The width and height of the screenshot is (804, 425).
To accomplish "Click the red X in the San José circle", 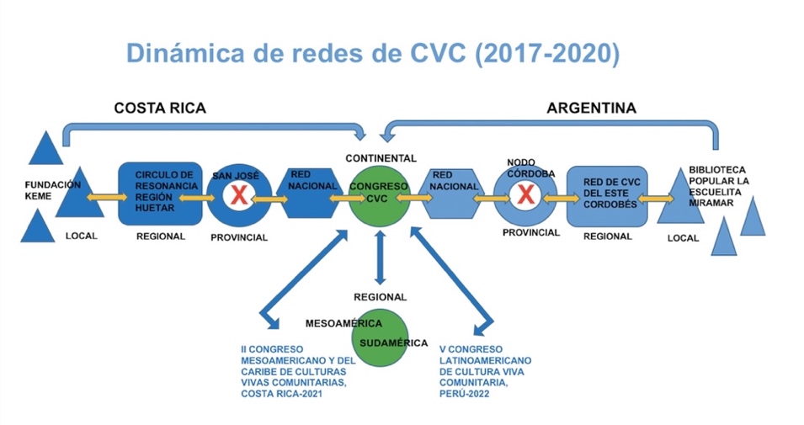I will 239,196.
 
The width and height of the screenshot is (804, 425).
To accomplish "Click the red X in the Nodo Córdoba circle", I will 527,197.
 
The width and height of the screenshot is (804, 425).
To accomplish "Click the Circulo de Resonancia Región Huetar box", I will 160,194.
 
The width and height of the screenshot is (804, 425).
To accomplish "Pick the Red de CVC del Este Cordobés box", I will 607,196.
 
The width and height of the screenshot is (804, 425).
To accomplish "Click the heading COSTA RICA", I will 160,108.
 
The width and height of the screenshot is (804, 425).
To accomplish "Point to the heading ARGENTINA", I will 591,108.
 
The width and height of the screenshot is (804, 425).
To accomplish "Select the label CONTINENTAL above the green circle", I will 380,158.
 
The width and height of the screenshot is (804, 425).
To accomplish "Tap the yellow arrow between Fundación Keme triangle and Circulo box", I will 100,197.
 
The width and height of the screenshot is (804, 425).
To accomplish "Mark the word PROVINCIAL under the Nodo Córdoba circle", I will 531,232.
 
